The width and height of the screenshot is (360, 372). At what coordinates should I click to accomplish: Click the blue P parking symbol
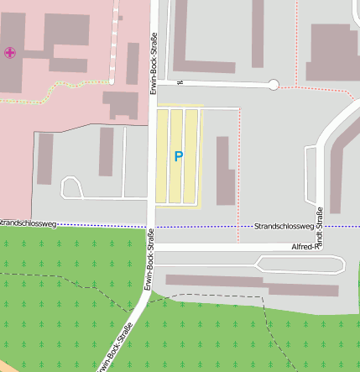(178, 156)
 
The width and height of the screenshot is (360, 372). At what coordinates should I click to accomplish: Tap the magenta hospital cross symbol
(10, 53)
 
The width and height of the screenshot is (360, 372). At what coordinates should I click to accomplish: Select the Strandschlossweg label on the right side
(284, 227)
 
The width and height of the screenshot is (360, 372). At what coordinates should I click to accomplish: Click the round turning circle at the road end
(273, 84)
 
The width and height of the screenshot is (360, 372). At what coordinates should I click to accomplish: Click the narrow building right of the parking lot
(223, 170)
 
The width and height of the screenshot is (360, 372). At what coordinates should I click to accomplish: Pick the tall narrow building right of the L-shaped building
(258, 34)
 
